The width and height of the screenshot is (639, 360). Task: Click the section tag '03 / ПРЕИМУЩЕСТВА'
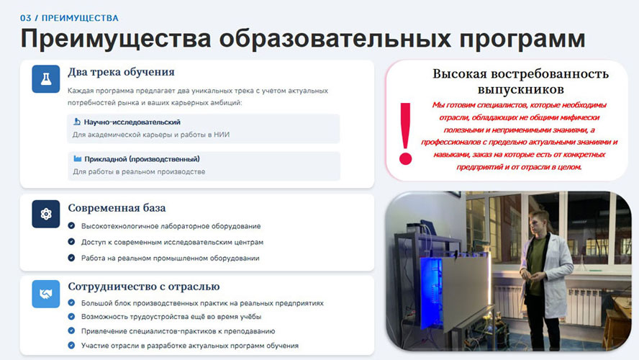tap(69, 18)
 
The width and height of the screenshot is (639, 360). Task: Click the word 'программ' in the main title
tap(522, 40)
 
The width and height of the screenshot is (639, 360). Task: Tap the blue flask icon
tap(46, 79)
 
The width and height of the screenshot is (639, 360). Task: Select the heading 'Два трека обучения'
tap(121, 72)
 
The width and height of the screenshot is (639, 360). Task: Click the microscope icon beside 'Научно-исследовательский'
tap(77, 122)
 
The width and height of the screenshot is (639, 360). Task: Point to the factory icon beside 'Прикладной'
tap(78, 158)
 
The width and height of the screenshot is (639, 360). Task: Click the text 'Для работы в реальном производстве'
tap(139, 171)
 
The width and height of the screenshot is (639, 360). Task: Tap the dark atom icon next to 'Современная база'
tap(46, 214)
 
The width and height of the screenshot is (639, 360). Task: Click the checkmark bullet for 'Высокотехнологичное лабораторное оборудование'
tap(71, 225)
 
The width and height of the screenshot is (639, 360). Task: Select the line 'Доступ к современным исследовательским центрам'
tap(172, 242)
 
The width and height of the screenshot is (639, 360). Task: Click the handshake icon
tap(46, 294)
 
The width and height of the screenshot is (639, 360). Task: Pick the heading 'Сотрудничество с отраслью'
tap(144, 287)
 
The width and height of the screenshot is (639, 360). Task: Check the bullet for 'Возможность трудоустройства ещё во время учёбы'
tap(71, 316)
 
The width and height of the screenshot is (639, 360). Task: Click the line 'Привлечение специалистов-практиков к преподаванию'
tap(178, 331)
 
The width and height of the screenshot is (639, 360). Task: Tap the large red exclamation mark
tap(405, 134)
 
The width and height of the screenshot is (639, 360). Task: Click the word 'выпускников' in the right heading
tap(520, 89)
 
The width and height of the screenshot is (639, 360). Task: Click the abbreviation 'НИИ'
tap(222, 135)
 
